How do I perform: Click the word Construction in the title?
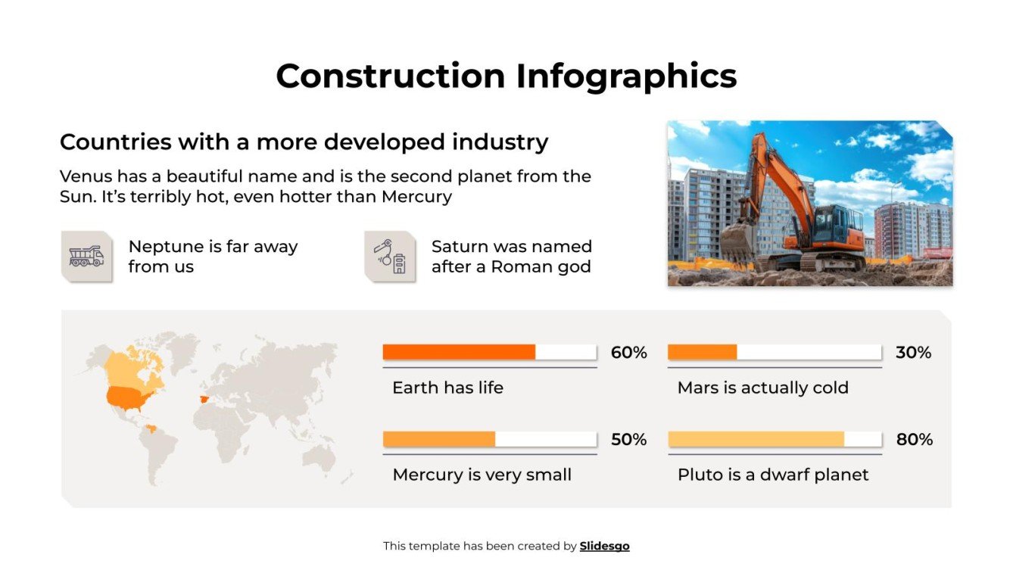click(x=390, y=76)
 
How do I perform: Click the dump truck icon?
click(x=86, y=257)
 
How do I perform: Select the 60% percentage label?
click(x=628, y=353)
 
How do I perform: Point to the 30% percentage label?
click(x=913, y=353)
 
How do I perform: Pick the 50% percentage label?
click(x=628, y=440)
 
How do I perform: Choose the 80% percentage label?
click(x=914, y=440)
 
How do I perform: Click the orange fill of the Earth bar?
click(x=459, y=352)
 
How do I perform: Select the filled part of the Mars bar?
click(x=702, y=352)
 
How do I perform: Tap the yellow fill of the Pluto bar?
click(x=756, y=439)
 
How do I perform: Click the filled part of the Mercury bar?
click(x=439, y=439)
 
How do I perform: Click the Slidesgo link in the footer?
click(x=604, y=546)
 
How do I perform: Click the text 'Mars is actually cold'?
click(x=762, y=388)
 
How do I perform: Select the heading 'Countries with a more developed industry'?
click(x=304, y=142)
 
